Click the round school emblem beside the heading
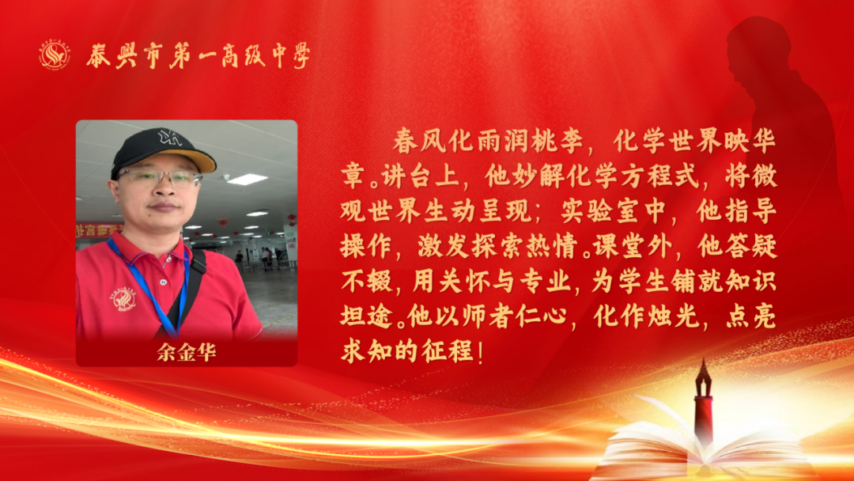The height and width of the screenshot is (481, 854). click(54, 55)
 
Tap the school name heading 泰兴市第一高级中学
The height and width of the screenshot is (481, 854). click(198, 55)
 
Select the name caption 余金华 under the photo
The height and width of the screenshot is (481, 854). click(187, 352)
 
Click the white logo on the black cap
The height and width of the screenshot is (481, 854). click(170, 138)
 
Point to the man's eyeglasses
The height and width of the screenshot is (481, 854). click(159, 177)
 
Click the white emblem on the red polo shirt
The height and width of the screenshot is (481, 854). click(125, 299)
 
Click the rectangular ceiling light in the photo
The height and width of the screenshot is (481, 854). click(247, 180)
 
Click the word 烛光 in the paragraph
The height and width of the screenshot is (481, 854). click(671, 316)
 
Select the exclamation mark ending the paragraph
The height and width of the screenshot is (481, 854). click(481, 352)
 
